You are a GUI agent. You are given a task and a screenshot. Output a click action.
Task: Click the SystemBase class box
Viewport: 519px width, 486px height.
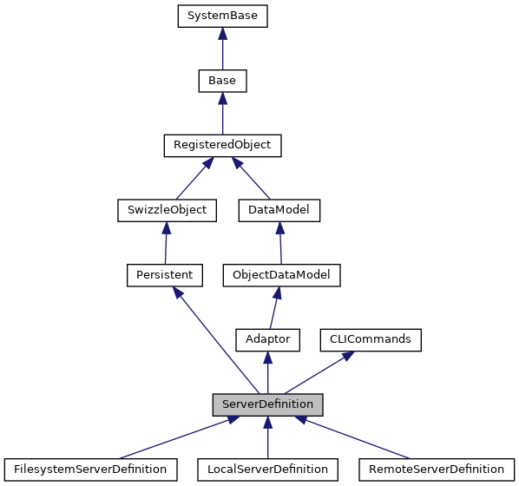[x=223, y=16]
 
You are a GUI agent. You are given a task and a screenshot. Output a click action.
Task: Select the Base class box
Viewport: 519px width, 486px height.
[x=223, y=81]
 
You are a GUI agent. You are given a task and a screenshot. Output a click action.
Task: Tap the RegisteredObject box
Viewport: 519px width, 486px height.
[x=223, y=146]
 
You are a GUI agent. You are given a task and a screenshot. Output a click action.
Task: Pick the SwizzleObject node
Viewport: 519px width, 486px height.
[x=167, y=210]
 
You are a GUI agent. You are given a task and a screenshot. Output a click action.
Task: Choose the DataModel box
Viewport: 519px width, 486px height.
[x=279, y=210]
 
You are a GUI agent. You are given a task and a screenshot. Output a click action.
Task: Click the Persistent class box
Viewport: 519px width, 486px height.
[x=164, y=275]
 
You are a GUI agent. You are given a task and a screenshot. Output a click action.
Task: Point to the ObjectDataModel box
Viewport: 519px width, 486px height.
[x=281, y=275]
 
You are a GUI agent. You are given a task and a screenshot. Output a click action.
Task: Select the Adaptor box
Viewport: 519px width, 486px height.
[x=268, y=339]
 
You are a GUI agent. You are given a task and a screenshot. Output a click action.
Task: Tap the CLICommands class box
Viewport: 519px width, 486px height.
[x=371, y=339]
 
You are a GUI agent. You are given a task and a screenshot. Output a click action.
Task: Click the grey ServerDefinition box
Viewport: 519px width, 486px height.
[x=268, y=404]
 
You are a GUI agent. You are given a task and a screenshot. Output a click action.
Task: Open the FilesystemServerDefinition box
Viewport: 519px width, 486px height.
[x=91, y=469]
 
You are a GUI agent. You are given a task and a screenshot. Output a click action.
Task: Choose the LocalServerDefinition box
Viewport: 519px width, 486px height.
[x=267, y=469]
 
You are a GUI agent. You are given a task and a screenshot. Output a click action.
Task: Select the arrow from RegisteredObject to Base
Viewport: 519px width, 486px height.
[x=223, y=114]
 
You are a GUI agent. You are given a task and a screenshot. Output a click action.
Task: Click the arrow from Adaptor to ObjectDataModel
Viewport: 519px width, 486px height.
[x=274, y=308]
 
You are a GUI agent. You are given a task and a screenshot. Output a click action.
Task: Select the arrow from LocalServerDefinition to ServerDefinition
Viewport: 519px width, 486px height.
[x=268, y=437]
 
